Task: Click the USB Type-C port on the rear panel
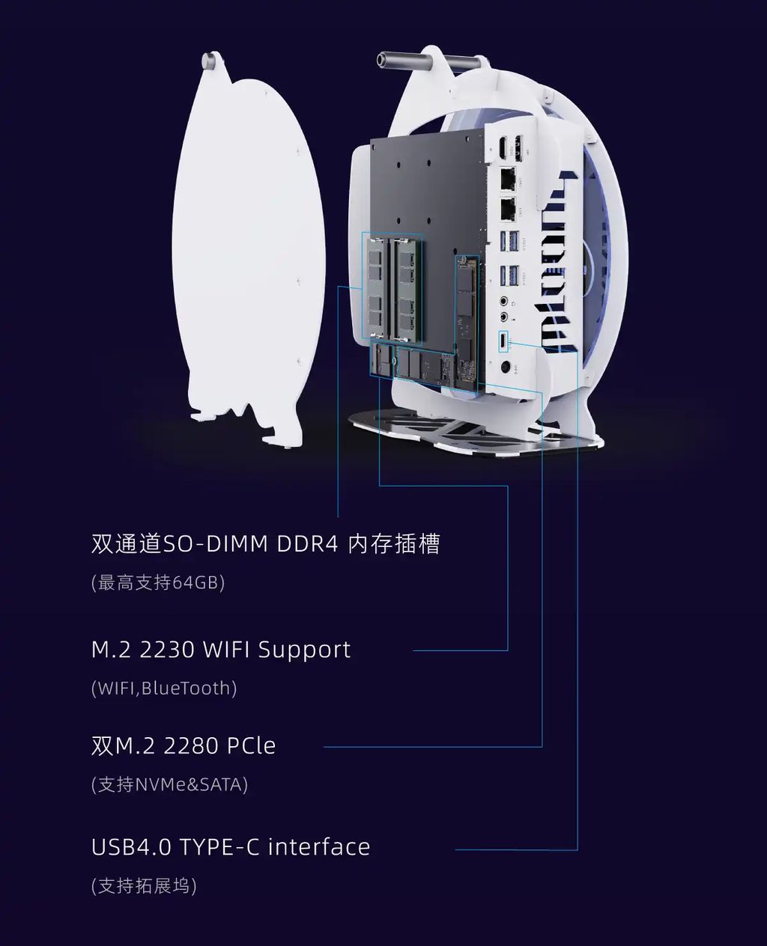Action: tap(503, 340)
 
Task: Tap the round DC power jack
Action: tap(506, 367)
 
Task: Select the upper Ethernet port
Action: tap(507, 178)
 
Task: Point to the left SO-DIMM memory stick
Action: tap(375, 288)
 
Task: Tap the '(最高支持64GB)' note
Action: tap(158, 582)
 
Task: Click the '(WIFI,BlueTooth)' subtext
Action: tap(164, 689)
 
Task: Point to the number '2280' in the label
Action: tap(190, 746)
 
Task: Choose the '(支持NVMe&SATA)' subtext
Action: tap(169, 784)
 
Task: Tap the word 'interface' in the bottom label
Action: tap(319, 847)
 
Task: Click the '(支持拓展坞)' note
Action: tap(144, 886)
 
